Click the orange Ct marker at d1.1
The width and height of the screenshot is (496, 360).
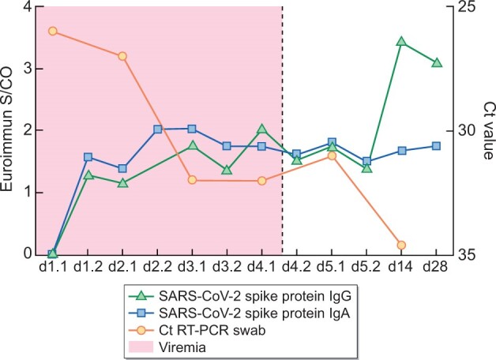pyautogui.click(x=52, y=31)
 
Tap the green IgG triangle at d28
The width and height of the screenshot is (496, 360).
pyautogui.click(x=436, y=62)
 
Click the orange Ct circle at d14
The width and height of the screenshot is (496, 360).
pyautogui.click(x=401, y=246)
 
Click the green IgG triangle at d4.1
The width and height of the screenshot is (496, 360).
pyautogui.click(x=261, y=129)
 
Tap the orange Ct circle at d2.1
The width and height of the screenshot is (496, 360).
pyautogui.click(x=122, y=56)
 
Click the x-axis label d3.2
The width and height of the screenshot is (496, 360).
pyautogui.click(x=227, y=268)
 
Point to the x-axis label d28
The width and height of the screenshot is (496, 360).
pyautogui.click(x=436, y=268)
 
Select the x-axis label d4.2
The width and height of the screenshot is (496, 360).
pyautogui.click(x=297, y=268)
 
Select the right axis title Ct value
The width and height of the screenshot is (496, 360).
pyautogui.click(x=487, y=130)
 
